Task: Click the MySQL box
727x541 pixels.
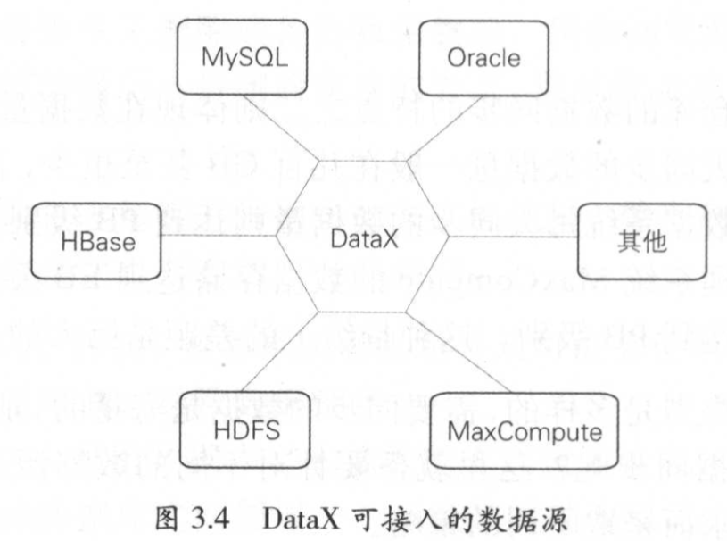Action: tap(235, 60)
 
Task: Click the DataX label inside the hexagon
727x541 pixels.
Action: tap(363, 239)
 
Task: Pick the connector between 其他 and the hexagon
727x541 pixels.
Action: tap(512, 237)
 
